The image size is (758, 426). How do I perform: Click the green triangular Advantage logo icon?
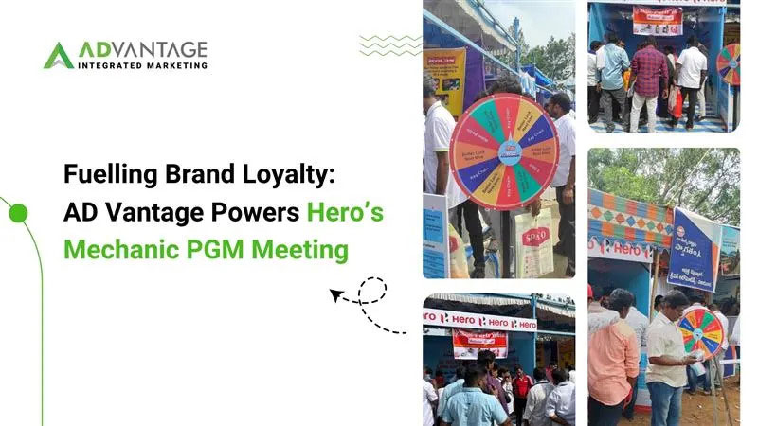(x=58, y=56)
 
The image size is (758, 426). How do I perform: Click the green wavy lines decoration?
(x=390, y=44)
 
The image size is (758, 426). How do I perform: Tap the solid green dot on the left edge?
(x=16, y=214)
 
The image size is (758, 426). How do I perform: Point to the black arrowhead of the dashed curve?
(x=335, y=296)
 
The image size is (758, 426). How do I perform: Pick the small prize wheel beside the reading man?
(x=701, y=329)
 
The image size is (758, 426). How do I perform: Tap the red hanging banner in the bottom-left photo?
(x=479, y=344)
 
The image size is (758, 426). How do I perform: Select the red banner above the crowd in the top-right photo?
(x=658, y=19)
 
